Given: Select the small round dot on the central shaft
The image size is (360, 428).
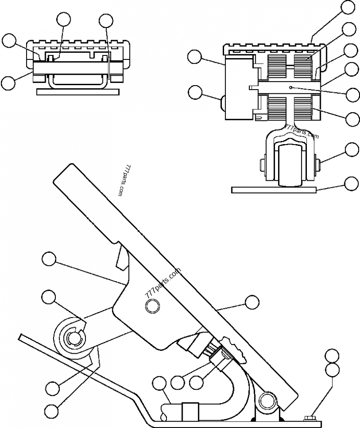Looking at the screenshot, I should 292,87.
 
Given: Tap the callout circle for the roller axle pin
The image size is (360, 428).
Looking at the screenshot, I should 351,149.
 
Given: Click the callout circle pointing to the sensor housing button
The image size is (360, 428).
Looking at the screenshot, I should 195,92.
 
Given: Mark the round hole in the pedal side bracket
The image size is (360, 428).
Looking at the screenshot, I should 151,307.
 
